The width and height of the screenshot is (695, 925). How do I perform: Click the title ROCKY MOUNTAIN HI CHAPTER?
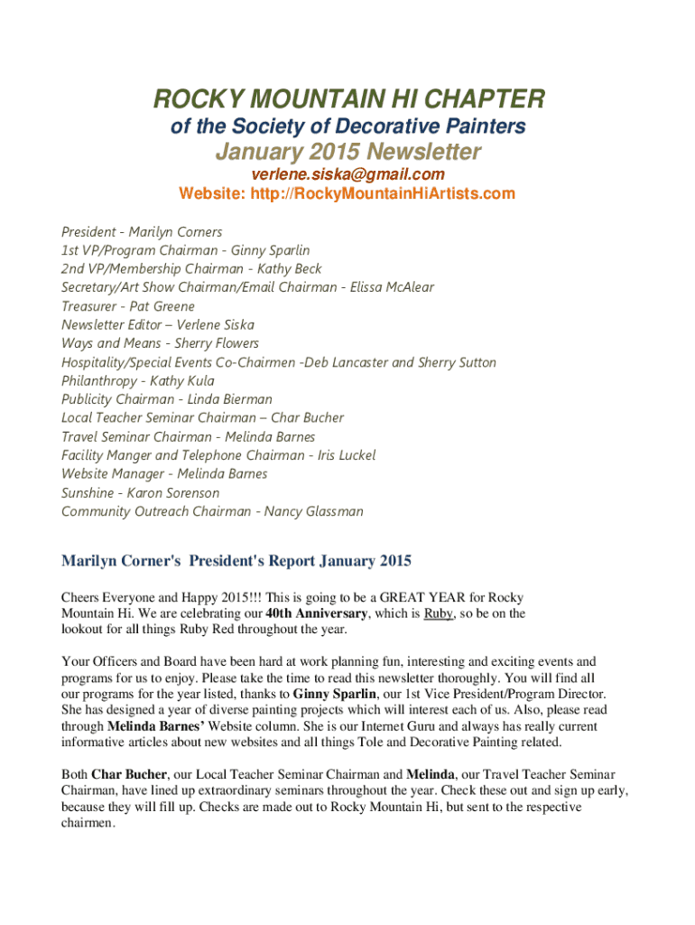pos(347,98)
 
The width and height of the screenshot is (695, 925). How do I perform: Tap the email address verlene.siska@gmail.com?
pos(347,174)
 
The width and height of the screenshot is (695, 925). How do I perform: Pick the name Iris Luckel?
pos(347,455)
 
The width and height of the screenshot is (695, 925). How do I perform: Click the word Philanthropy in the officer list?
pos(98,380)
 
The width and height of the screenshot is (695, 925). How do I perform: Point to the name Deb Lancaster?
pos(347,362)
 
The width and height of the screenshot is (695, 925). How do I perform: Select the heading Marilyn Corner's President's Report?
pos(236,562)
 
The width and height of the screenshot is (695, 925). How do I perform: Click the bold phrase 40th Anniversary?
pos(317,613)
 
